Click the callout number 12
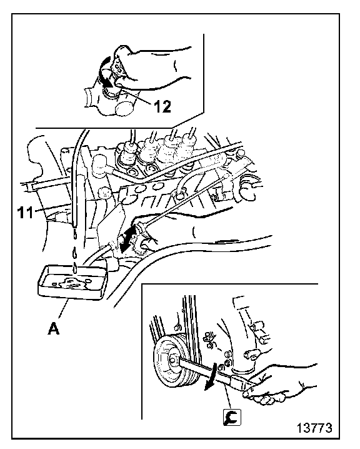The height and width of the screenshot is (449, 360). pyautogui.click(x=162, y=106)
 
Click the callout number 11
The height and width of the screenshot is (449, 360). pyautogui.click(x=26, y=213)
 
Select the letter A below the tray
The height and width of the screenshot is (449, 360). pyautogui.click(x=54, y=328)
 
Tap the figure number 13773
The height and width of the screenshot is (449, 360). pyautogui.click(x=314, y=428)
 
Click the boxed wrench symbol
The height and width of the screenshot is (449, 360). pyautogui.click(x=232, y=417)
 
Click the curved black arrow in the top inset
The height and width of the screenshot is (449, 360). pyautogui.click(x=104, y=71)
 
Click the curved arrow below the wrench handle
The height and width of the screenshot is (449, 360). pyautogui.click(x=211, y=378)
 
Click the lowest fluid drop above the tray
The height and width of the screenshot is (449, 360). pyautogui.click(x=75, y=268)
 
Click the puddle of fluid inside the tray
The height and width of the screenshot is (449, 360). pyautogui.click(x=71, y=284)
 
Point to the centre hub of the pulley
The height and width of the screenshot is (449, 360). pyautogui.click(x=173, y=361)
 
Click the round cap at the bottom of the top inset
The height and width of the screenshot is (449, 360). pyautogui.click(x=124, y=108)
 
